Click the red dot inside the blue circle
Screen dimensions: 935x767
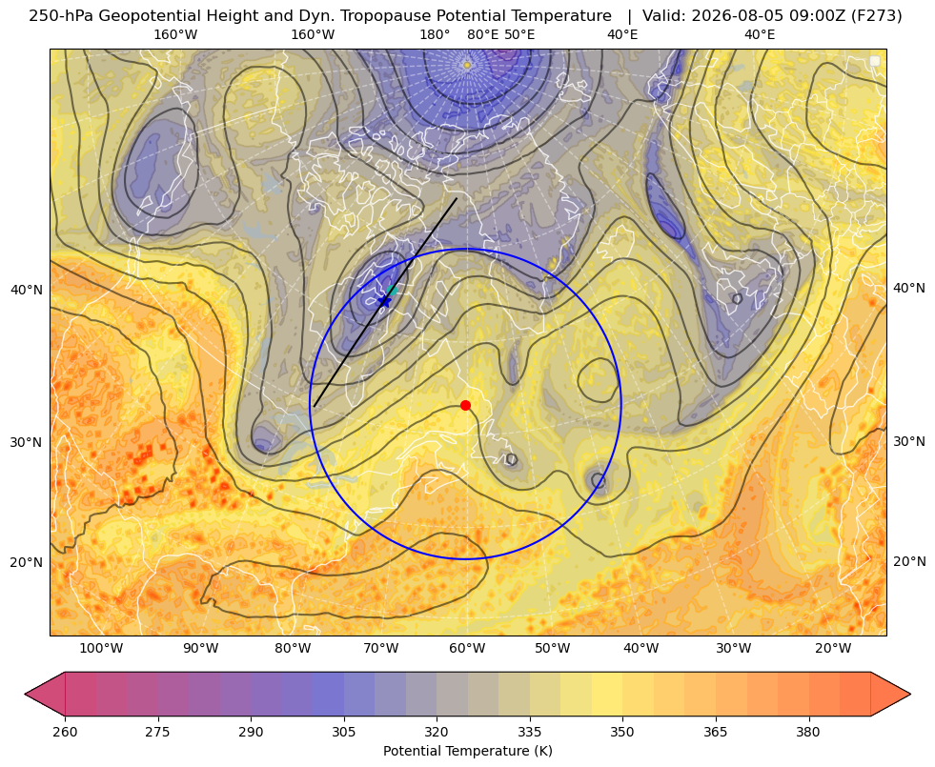465,405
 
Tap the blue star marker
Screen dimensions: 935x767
385,301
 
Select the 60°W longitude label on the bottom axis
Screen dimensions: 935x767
467,649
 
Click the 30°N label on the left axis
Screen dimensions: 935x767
27,442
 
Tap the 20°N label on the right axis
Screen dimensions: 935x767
909,561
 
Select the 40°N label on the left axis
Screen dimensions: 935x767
27,291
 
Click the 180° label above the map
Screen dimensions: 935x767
435,34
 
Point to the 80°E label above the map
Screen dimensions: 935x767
482,34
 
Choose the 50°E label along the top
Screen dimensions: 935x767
519,34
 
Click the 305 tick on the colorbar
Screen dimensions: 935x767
343,732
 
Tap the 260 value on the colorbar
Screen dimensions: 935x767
65,732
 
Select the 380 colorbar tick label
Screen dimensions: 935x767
808,732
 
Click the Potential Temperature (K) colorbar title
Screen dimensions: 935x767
467,751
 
